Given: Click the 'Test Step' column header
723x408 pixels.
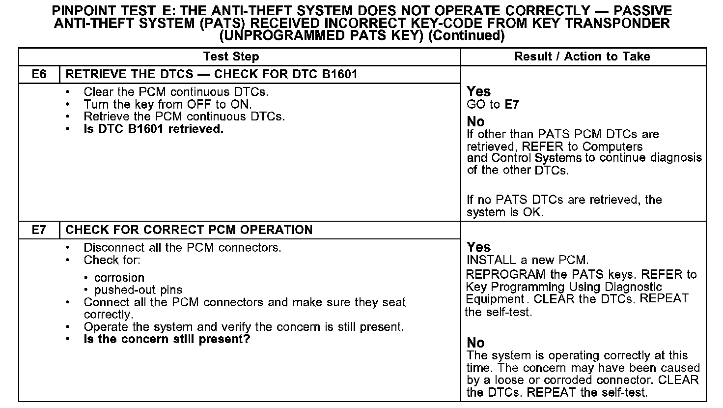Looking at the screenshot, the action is coord(231,57).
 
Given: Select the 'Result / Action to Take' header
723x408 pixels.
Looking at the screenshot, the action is coord(582,57).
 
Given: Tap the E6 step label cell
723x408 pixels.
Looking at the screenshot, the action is coord(39,75).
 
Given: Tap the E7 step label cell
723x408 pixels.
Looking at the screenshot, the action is coord(39,230).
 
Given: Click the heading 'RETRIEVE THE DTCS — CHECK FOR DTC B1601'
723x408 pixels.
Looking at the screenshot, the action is coord(211,75).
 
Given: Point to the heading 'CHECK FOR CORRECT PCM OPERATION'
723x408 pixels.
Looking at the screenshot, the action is coord(189,230).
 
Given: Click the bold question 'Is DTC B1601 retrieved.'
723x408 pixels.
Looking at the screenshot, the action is coord(153,129).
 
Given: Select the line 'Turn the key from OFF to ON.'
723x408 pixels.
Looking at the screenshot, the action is coord(167,104).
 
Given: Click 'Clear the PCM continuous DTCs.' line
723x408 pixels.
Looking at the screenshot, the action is coord(176,92).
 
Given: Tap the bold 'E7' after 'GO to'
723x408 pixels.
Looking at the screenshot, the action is coord(512,105).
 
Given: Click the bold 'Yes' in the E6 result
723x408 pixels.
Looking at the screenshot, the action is coord(478,91).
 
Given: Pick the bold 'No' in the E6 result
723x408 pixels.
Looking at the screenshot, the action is coord(475,121).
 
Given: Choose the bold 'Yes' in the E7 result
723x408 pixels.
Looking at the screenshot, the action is coord(478,247).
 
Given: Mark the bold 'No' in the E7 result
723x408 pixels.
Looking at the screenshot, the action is coord(475,343).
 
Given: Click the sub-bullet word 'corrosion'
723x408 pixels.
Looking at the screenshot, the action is coord(119,278).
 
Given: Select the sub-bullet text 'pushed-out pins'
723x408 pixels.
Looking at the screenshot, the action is coord(138,290).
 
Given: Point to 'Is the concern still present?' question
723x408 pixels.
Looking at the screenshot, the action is coord(167,339).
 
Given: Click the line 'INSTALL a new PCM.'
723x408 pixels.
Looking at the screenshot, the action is coord(527,260).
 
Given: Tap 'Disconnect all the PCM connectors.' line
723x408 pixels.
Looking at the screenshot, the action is coord(182,248).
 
